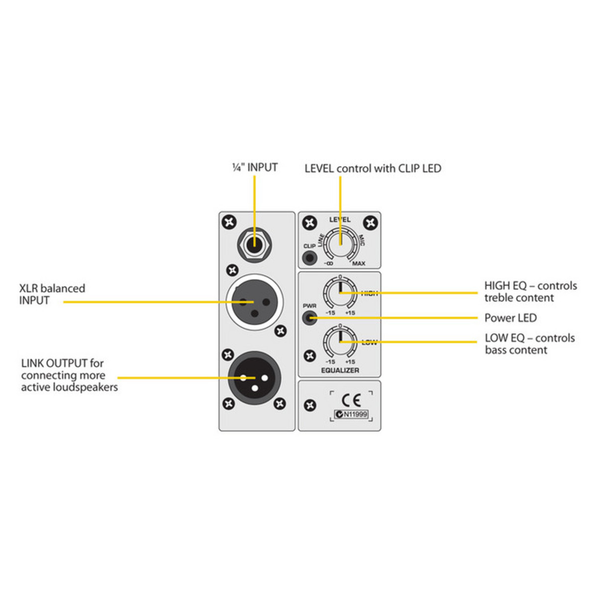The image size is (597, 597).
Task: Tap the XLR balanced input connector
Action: coord(254,302)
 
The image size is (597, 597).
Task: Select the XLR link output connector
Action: coord(254,377)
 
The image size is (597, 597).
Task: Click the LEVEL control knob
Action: coord(340,243)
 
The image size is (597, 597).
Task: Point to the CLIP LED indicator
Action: coord(309,258)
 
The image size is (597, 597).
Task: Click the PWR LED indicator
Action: coord(309,317)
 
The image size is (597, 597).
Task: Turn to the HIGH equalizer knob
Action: coord(340,292)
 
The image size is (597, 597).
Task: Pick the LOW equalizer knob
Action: coord(340,341)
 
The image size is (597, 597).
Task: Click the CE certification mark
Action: coord(351,400)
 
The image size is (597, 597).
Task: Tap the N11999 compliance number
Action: coord(355,414)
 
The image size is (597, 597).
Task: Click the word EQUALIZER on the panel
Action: coord(340,370)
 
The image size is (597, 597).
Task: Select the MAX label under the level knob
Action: coord(358,264)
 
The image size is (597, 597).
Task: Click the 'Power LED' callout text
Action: coord(510,318)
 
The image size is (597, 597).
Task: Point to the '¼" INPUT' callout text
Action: coord(255,167)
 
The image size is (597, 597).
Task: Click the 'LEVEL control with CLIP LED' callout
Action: coord(373,169)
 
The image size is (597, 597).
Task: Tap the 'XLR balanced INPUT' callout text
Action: coord(52,295)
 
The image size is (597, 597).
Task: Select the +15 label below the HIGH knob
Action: coord(350,313)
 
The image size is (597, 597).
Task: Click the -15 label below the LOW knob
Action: coord(330,362)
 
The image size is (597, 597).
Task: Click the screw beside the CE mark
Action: coord(310,405)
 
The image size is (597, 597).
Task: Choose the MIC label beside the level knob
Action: coord(362,240)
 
